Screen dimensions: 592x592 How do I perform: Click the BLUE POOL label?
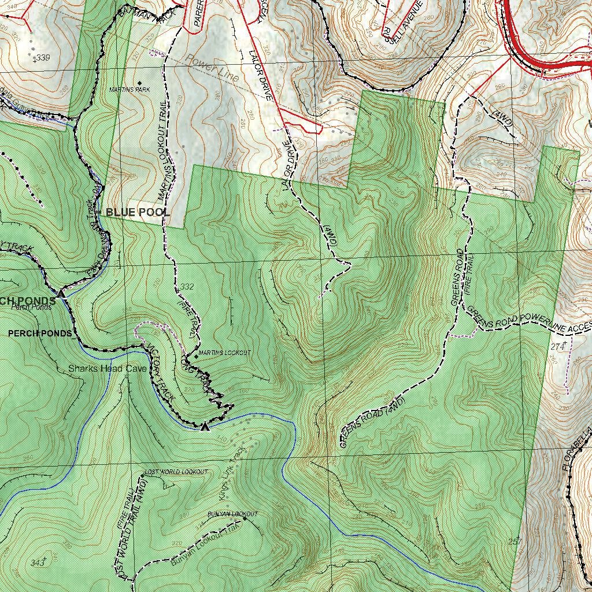pyautogui.click(x=138, y=213)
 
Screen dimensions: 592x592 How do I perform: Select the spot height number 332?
pyautogui.click(x=187, y=287)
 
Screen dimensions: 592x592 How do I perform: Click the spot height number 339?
pyautogui.click(x=42, y=58)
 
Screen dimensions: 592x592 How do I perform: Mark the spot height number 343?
pyautogui.click(x=38, y=563)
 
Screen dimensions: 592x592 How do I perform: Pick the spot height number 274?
pyautogui.click(x=557, y=347)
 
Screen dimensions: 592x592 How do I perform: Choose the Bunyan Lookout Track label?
pyautogui.click(x=205, y=543)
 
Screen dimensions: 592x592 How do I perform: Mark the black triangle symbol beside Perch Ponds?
pyautogui.click(x=61, y=294)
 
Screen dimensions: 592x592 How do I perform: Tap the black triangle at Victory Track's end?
pyautogui.click(x=204, y=427)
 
